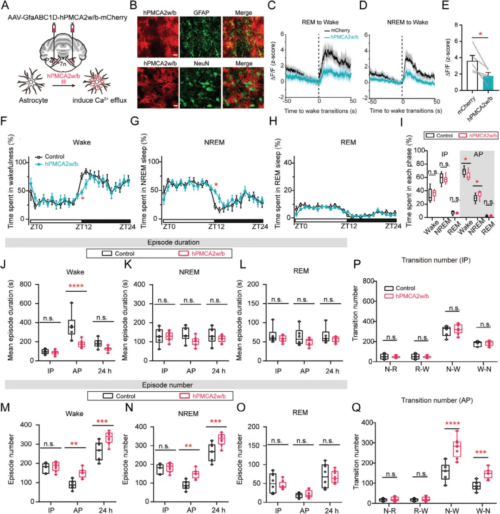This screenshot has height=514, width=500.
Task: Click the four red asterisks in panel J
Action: [x=77, y=293]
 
